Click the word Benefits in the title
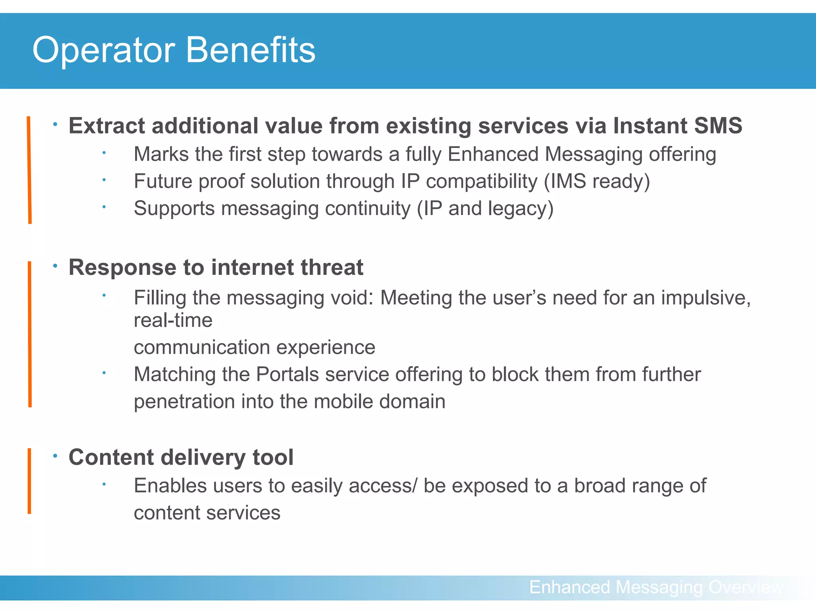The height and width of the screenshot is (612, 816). pos(251,50)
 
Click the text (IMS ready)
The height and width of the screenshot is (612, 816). pos(597,181)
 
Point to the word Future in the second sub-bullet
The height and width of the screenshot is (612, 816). pos(163,181)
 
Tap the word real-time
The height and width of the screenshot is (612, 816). pos(173,320)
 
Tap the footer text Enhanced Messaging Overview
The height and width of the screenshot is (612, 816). pos(656,587)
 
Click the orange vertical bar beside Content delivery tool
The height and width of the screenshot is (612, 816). pos(29,481)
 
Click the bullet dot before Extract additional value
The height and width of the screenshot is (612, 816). pos(55,125)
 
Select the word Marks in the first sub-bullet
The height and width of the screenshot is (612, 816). pos(161,154)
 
